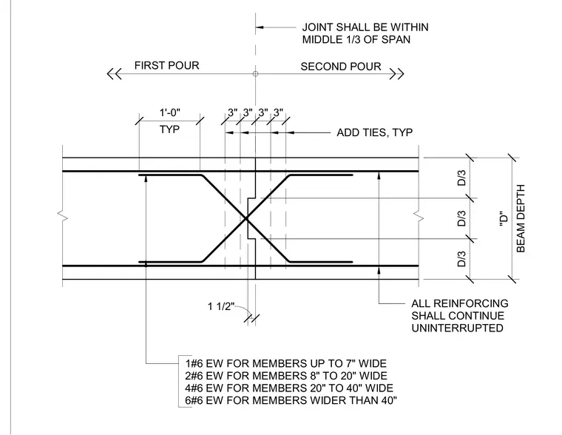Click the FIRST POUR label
coord(166,65)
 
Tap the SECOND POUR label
coord(341,67)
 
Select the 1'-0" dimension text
coord(169,112)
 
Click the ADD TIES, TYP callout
coord(375,132)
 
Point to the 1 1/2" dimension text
coord(221,306)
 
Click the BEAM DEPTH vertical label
coord(521,218)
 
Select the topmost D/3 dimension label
coord(461,178)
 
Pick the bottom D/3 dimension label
coord(461,259)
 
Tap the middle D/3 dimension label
coord(461,218)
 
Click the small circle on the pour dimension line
coord(255,74)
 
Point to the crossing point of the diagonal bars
coord(246,218)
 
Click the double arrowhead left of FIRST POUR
coord(114,74)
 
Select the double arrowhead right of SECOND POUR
coord(397,74)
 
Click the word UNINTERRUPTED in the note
coord(457,328)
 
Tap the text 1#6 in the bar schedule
coord(194,364)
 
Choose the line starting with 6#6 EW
coord(291,400)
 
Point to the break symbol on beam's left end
coord(63,216)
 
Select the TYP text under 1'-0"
coord(169,129)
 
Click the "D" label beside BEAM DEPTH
coord(504,218)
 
